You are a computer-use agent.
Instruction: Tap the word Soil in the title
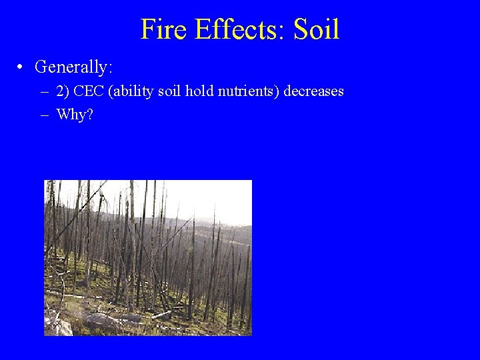tap(317, 29)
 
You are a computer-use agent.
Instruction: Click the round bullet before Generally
tap(22, 67)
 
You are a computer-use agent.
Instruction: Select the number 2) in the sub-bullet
tap(64, 91)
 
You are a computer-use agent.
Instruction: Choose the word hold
tap(199, 91)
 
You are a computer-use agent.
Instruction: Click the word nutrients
tap(247, 91)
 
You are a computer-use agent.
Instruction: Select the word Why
tap(71, 115)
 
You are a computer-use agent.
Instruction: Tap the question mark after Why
tap(90, 115)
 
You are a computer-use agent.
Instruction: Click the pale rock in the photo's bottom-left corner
tap(60, 327)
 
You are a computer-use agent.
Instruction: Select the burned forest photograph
tap(148, 257)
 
